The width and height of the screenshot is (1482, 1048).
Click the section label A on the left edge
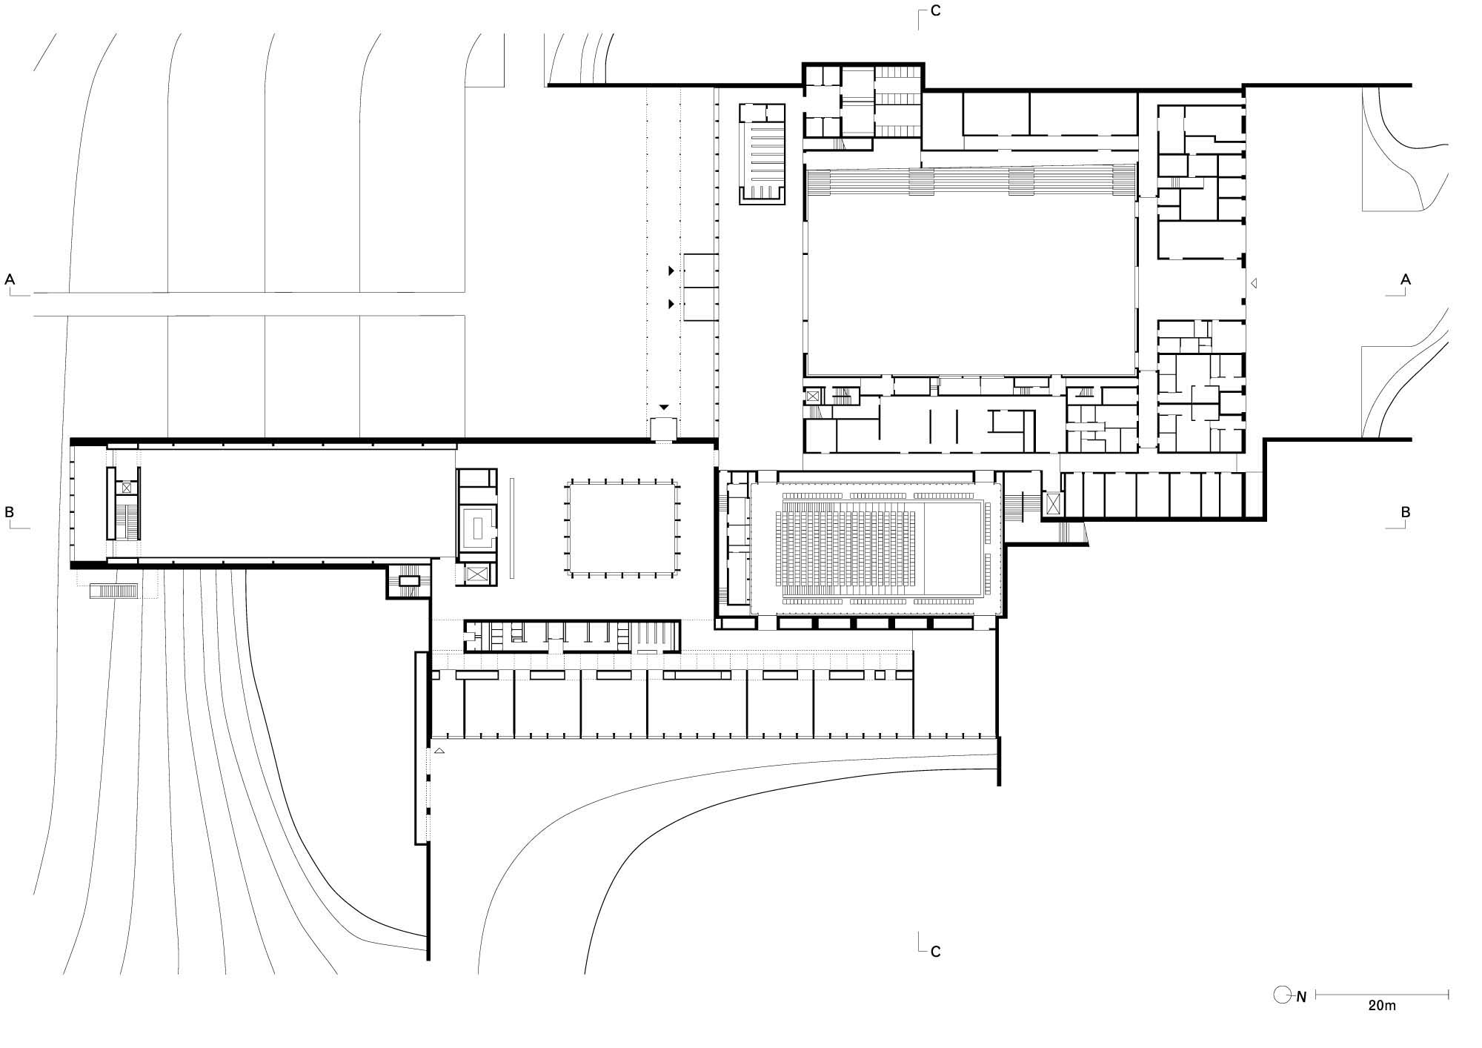[x=10, y=279]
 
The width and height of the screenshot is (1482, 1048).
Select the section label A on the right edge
[x=1405, y=279]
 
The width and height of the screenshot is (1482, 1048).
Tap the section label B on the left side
[x=10, y=511]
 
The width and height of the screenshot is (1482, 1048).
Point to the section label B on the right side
[x=1405, y=511]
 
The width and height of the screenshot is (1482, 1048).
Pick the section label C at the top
[x=936, y=12]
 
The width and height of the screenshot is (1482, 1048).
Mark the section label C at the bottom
[x=936, y=952]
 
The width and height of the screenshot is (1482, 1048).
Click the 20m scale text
[x=1382, y=1006]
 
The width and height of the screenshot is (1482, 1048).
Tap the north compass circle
[x=1283, y=995]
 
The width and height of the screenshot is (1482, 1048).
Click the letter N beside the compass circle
[x=1301, y=997]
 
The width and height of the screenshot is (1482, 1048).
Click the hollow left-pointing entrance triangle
[x=1254, y=282]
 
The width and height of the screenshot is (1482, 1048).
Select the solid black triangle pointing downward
[x=664, y=407]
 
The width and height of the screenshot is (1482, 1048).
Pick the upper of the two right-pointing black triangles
[x=671, y=271]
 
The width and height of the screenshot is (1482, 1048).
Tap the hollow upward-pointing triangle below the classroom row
[x=439, y=751]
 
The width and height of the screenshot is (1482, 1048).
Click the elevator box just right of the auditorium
[x=1052, y=504]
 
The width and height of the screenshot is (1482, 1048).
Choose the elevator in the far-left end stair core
[x=127, y=488]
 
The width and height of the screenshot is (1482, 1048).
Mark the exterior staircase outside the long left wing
[x=113, y=591]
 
